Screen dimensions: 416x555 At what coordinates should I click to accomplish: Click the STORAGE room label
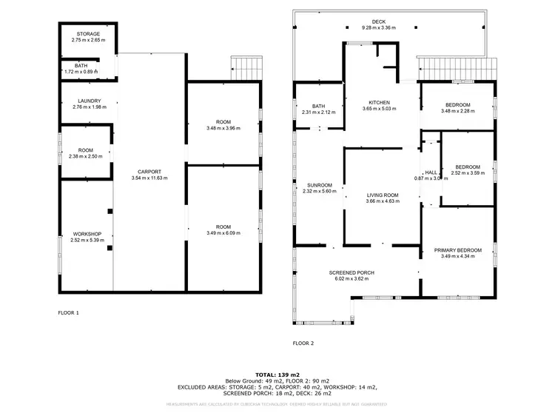(x=89, y=34)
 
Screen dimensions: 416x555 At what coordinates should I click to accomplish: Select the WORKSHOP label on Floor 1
(x=87, y=233)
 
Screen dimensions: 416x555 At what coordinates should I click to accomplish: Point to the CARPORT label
(x=149, y=172)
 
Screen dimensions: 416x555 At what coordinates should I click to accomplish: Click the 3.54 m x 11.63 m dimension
(x=149, y=178)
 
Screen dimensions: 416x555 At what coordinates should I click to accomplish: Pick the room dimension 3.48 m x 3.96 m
(x=223, y=128)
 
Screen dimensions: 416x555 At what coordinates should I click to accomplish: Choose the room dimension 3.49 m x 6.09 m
(x=223, y=234)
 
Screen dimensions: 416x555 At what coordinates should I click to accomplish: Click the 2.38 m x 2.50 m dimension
(x=86, y=156)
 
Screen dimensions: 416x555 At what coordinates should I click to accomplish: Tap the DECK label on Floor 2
(x=378, y=21)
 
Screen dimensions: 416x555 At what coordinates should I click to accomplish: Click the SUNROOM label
(x=319, y=185)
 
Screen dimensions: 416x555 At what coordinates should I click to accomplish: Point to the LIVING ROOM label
(x=383, y=195)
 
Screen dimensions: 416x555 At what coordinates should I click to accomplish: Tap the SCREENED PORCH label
(x=351, y=272)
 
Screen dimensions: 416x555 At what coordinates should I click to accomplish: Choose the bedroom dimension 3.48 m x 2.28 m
(x=457, y=111)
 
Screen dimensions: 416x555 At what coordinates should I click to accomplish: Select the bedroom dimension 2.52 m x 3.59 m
(x=468, y=172)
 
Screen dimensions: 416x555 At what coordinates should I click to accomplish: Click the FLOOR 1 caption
(x=68, y=313)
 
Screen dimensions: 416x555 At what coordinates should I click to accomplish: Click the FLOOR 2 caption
(x=303, y=343)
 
